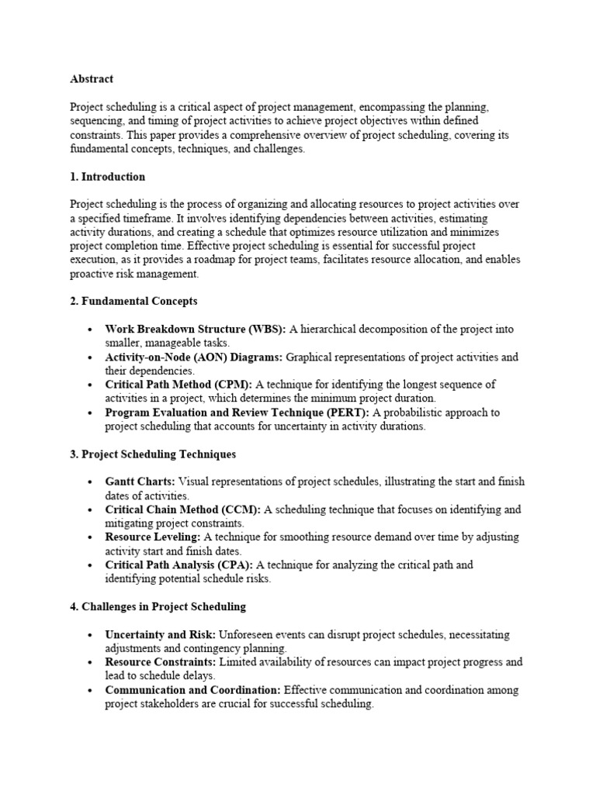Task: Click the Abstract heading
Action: click(92, 78)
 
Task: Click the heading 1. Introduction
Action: click(107, 177)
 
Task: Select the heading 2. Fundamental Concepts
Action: click(133, 301)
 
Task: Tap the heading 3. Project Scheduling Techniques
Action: click(153, 454)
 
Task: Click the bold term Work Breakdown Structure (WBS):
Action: click(196, 330)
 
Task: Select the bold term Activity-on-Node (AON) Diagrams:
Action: click(194, 357)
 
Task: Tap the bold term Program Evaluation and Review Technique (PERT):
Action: click(237, 413)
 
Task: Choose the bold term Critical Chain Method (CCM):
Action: click(183, 509)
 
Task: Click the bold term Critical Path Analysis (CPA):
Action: click(179, 565)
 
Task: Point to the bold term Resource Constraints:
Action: click(161, 662)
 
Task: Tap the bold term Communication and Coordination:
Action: click(193, 690)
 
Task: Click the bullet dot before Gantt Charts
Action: click(92, 482)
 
